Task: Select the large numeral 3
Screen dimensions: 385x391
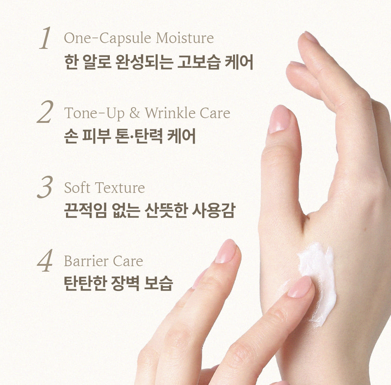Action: (46, 187)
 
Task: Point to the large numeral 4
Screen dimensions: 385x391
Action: (45, 261)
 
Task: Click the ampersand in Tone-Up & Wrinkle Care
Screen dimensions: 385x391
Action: (135, 113)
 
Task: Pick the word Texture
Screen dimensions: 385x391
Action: (120, 188)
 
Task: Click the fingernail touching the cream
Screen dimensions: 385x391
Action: (300, 287)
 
